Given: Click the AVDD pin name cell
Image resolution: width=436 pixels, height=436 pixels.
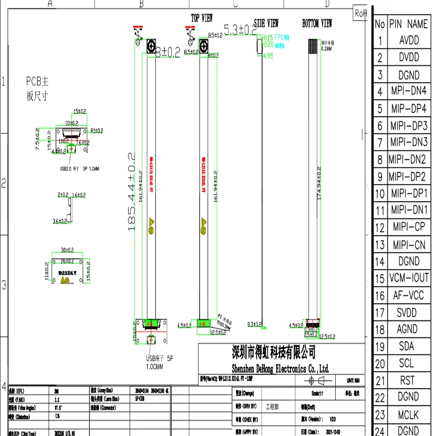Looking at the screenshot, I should (x=409, y=41).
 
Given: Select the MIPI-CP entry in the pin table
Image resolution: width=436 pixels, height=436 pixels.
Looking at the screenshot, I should (x=409, y=227).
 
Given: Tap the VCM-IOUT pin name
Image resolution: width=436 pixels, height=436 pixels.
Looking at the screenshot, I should (x=409, y=278).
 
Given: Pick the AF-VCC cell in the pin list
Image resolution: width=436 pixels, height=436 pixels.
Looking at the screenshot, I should (x=409, y=296).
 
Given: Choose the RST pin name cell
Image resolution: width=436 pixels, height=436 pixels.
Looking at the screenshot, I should (x=408, y=380).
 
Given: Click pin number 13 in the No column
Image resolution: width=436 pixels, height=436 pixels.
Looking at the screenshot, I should (x=380, y=245).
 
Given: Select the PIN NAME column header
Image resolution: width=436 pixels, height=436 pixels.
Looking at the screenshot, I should (x=409, y=24).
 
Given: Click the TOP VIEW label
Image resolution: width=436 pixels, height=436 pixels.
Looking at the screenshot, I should (x=202, y=18).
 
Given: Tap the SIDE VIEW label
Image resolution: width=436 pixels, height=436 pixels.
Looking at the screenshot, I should (x=267, y=23).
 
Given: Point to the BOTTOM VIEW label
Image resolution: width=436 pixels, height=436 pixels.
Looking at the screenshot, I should (x=317, y=23).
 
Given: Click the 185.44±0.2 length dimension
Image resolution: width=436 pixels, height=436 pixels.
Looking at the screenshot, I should (x=131, y=191).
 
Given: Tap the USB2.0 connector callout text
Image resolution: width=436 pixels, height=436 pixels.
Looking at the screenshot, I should (x=79, y=168).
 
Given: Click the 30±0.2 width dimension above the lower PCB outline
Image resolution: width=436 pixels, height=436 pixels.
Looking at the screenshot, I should (x=68, y=250).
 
